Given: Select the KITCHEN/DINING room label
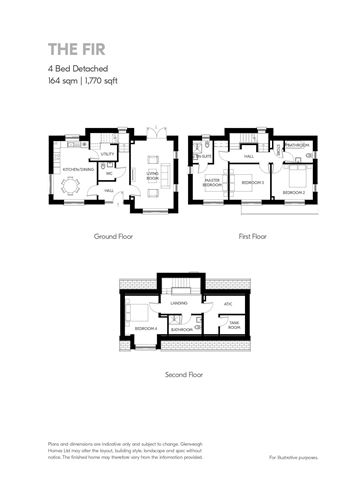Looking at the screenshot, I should (x=78, y=170).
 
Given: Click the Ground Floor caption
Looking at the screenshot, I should (x=113, y=237).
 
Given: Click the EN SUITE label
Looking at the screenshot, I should (x=203, y=156).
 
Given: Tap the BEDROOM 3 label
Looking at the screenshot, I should (x=251, y=183).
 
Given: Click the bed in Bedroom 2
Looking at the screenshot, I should (x=297, y=178).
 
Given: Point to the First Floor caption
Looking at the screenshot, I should (x=253, y=237).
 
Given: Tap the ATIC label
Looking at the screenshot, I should (x=227, y=304).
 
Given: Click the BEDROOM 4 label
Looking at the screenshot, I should (x=146, y=328).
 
